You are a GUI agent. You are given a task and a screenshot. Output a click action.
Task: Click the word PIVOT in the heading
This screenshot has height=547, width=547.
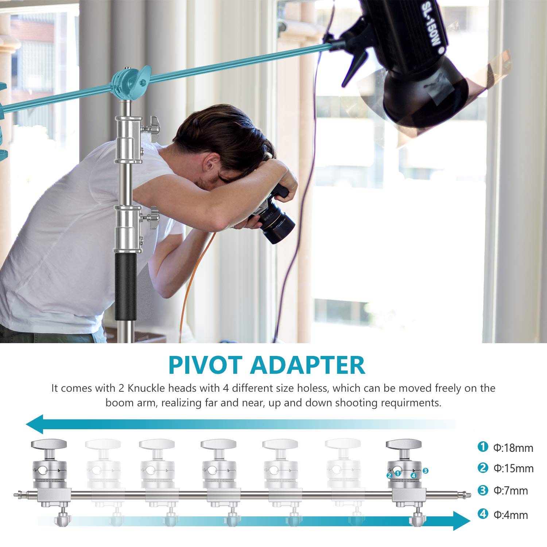point(205,365)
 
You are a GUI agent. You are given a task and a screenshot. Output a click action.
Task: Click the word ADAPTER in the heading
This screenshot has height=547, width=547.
point(307,365)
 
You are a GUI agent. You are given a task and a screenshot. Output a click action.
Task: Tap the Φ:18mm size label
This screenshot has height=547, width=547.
point(513,448)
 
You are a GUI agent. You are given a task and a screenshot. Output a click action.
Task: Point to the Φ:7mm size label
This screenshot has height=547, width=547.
point(511,491)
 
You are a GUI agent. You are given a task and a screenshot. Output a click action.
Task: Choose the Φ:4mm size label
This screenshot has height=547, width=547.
point(511,515)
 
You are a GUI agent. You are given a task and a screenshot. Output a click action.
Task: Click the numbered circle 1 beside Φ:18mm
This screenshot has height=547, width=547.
point(483,447)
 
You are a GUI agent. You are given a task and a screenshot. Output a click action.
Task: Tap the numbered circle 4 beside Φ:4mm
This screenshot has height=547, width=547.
point(483,514)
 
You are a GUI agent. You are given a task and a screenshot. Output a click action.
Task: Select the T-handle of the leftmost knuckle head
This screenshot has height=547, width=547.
point(49,444)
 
